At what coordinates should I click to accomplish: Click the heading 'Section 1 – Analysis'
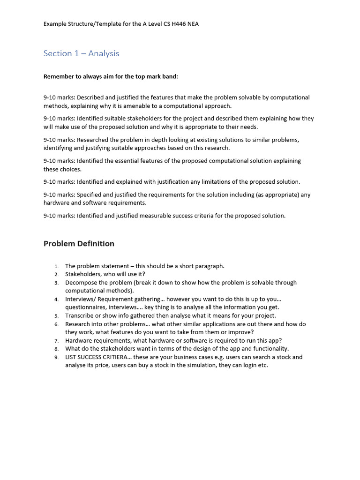[x=81, y=53]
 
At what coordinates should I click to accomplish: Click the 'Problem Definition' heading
[x=79, y=243]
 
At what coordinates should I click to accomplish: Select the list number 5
[x=56, y=316]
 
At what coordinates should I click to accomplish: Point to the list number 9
[x=56, y=357]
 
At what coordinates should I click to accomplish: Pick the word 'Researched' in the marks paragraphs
[x=93, y=140]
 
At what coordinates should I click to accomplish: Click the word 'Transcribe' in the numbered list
[x=80, y=315]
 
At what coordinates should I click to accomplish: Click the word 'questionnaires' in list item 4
[x=86, y=307]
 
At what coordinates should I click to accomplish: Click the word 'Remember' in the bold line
[x=59, y=76]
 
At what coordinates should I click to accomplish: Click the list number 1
[x=56, y=266]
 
